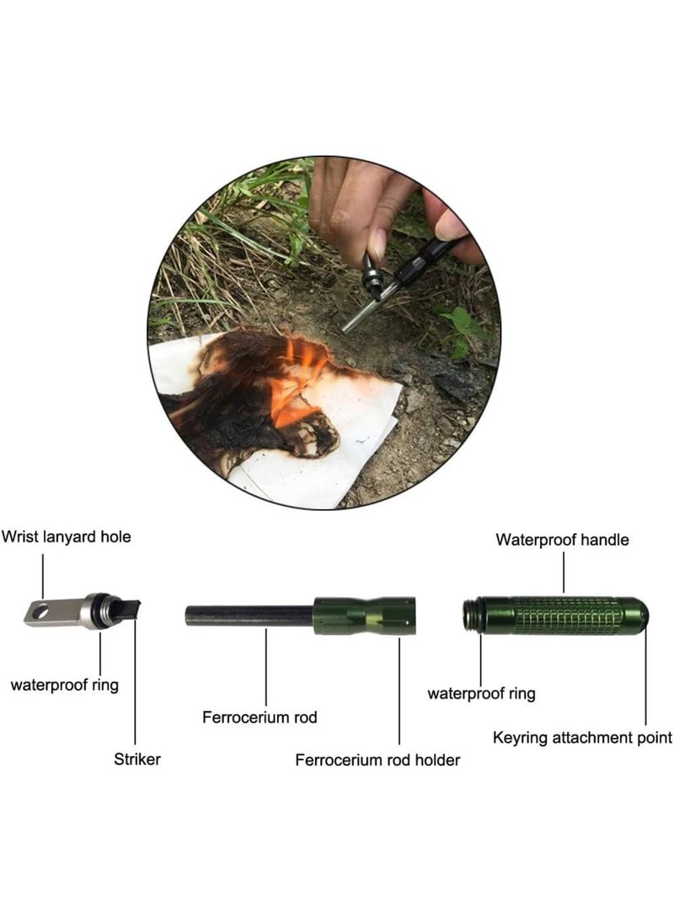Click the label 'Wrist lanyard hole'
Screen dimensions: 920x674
pyautogui.click(x=67, y=536)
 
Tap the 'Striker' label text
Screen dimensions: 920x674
pyautogui.click(x=136, y=760)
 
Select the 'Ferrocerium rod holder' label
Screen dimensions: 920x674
pyautogui.click(x=377, y=761)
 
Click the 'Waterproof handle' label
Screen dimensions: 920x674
pyautogui.click(x=562, y=540)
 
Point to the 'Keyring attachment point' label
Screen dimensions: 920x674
pyautogui.click(x=582, y=738)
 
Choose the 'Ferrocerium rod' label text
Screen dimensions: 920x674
pyautogui.click(x=259, y=718)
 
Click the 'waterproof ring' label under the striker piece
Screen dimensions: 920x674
pyautogui.click(x=64, y=685)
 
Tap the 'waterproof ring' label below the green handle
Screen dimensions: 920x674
pyautogui.click(x=481, y=694)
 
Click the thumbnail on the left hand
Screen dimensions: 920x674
pyautogui.click(x=377, y=245)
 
